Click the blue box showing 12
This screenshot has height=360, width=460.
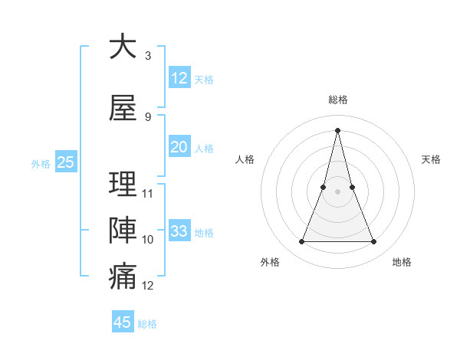pyautogui.click(x=179, y=78)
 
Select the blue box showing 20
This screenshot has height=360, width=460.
pyautogui.click(x=179, y=147)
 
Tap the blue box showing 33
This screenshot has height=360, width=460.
pyautogui.click(x=179, y=231)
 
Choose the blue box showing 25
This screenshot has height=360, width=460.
pyautogui.click(x=65, y=162)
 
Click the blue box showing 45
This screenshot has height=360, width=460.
pyautogui.click(x=123, y=322)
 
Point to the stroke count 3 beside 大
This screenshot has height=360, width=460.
pyautogui.click(x=147, y=56)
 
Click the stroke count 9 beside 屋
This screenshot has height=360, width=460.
pyautogui.click(x=147, y=117)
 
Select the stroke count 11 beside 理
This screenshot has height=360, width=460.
pyautogui.click(x=148, y=193)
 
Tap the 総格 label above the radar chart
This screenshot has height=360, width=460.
pyautogui.click(x=338, y=100)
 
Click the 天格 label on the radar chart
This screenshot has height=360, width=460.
pyautogui.click(x=432, y=159)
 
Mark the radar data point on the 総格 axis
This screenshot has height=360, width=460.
pyautogui.click(x=338, y=130)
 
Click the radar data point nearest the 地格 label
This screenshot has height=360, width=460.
pyautogui.click(x=374, y=242)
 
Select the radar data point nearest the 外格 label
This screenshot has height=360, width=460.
pyautogui.click(x=301, y=242)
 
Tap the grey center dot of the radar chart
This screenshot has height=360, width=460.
pyautogui.click(x=338, y=191)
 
